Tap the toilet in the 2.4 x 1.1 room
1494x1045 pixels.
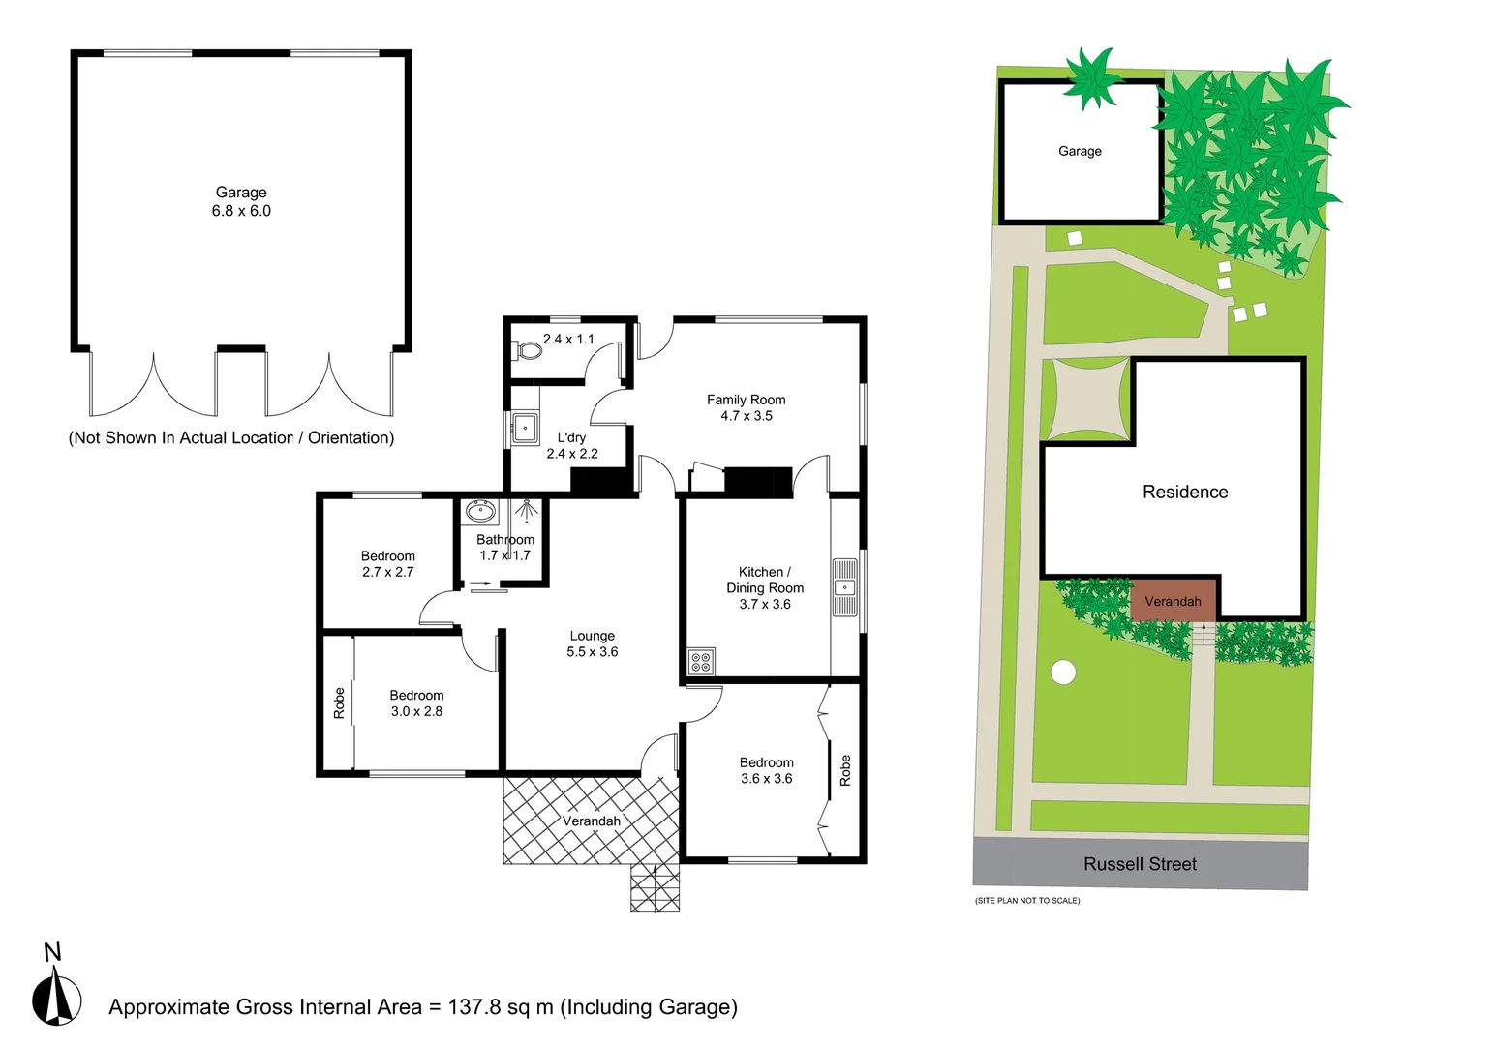(529, 349)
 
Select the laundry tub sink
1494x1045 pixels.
(525, 427)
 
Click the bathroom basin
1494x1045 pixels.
(480, 511)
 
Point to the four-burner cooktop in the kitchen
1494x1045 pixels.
(701, 662)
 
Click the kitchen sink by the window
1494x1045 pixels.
(844, 587)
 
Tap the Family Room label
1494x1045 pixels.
(746, 400)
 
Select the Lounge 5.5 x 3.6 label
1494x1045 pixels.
(592, 643)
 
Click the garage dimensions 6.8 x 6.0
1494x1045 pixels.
(241, 211)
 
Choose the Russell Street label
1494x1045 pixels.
(1140, 864)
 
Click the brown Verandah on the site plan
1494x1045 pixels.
(1173, 601)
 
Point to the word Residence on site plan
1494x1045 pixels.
(1185, 492)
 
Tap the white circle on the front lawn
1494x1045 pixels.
(1063, 672)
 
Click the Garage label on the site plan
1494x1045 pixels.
(1080, 151)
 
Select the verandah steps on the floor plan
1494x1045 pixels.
(655, 887)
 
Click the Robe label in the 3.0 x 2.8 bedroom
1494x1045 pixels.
(339, 702)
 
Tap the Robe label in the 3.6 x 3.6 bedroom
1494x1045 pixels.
(845, 770)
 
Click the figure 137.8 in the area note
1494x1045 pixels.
(474, 1007)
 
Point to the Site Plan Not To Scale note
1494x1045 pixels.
(1027, 901)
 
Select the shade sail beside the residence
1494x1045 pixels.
(1089, 400)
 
